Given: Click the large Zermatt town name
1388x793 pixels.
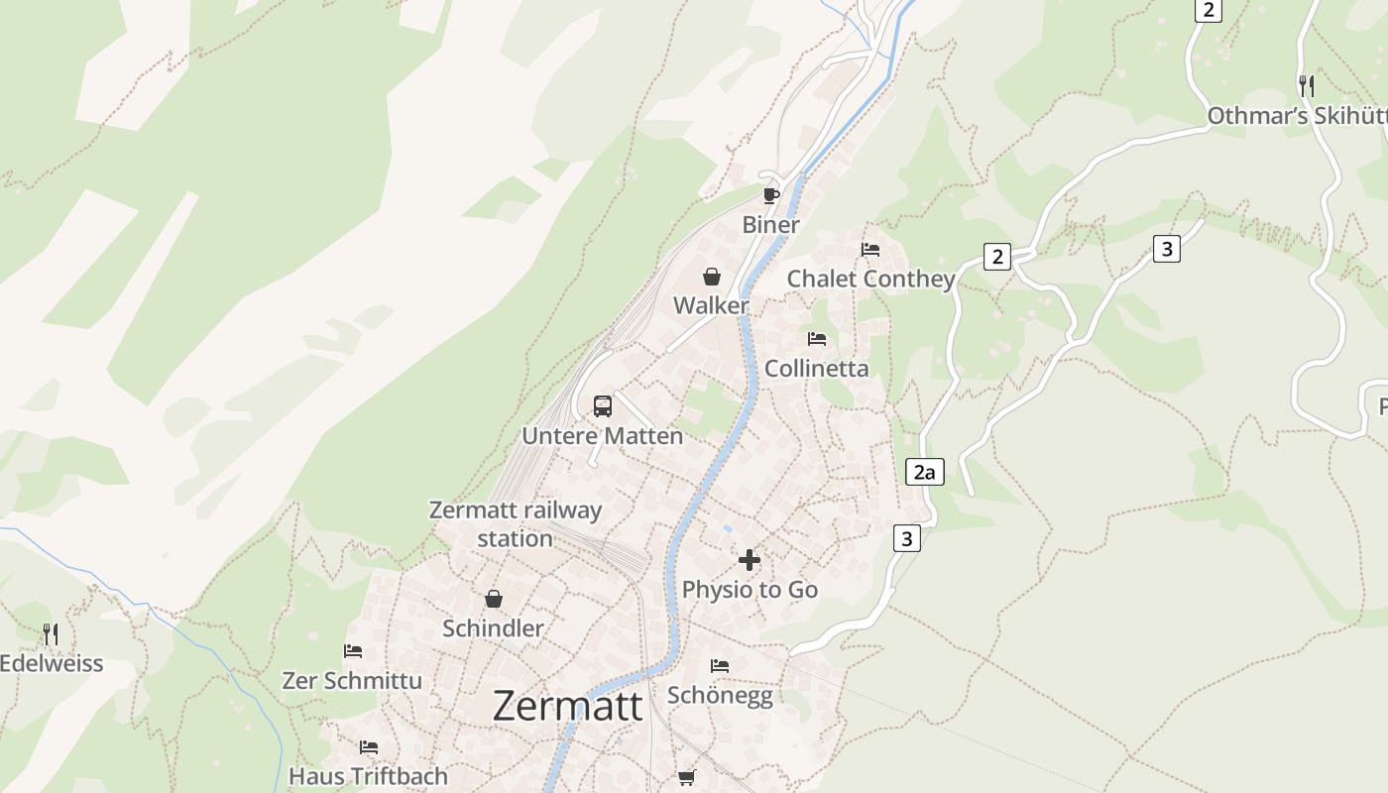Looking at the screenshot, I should pyautogui.click(x=567, y=706).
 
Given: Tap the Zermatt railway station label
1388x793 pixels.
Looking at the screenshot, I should pyautogui.click(x=516, y=524).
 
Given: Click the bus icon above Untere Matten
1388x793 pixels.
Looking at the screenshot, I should pyautogui.click(x=603, y=405).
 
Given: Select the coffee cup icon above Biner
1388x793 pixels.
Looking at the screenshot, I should pyautogui.click(x=771, y=194).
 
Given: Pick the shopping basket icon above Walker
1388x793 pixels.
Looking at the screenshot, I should pyautogui.click(x=712, y=276).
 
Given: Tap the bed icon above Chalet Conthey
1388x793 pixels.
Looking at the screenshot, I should pyautogui.click(x=870, y=249).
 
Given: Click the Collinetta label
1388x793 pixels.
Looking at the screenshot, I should pyautogui.click(x=816, y=369).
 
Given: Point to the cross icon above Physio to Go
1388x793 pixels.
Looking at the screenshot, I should pyautogui.click(x=750, y=560).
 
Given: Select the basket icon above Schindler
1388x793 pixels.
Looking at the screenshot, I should pyautogui.click(x=494, y=599).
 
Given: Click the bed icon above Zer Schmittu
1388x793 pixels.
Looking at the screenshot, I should pyautogui.click(x=353, y=651).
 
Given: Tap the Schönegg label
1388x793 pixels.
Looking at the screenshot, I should pyautogui.click(x=720, y=695).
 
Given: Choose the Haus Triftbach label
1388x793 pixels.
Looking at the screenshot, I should pyautogui.click(x=368, y=775).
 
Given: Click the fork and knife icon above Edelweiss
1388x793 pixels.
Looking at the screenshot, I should pyautogui.click(x=51, y=633).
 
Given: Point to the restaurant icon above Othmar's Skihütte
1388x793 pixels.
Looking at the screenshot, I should pyautogui.click(x=1307, y=85).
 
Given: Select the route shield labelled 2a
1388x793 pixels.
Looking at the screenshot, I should pyautogui.click(x=924, y=473).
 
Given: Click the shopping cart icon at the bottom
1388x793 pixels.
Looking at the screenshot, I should pyautogui.click(x=686, y=777).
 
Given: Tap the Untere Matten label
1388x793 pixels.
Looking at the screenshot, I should pyautogui.click(x=602, y=436).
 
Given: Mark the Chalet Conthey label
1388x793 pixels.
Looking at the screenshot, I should pyautogui.click(x=870, y=279).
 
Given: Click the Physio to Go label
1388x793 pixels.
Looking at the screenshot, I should pyautogui.click(x=750, y=590).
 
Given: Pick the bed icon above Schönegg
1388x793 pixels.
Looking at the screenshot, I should pyautogui.click(x=720, y=665).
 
